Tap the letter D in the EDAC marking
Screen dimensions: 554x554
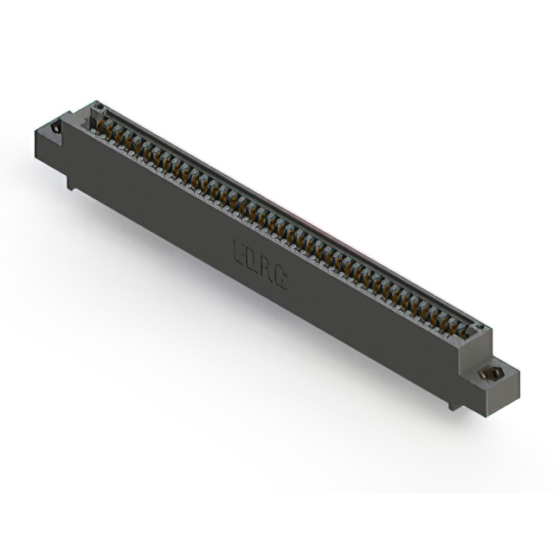(254, 259)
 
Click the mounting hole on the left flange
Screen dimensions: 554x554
(56, 127)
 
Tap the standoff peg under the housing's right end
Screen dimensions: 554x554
(454, 403)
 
